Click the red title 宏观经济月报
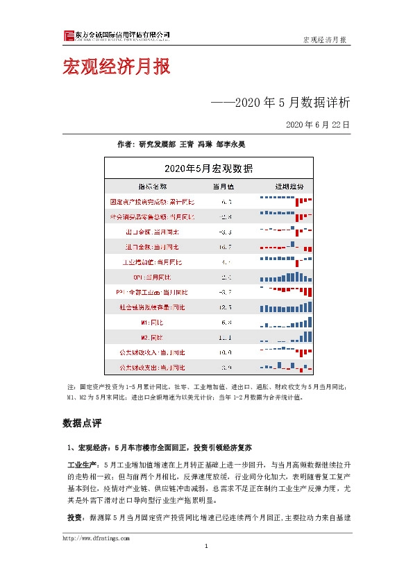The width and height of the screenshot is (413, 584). coord(115,68)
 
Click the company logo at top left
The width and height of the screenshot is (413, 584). coord(68,36)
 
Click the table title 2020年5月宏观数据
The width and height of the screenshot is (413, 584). coord(208,169)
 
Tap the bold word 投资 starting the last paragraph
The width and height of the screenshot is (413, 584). coord(75,517)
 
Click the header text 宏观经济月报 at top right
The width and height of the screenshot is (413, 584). coord(325,40)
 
